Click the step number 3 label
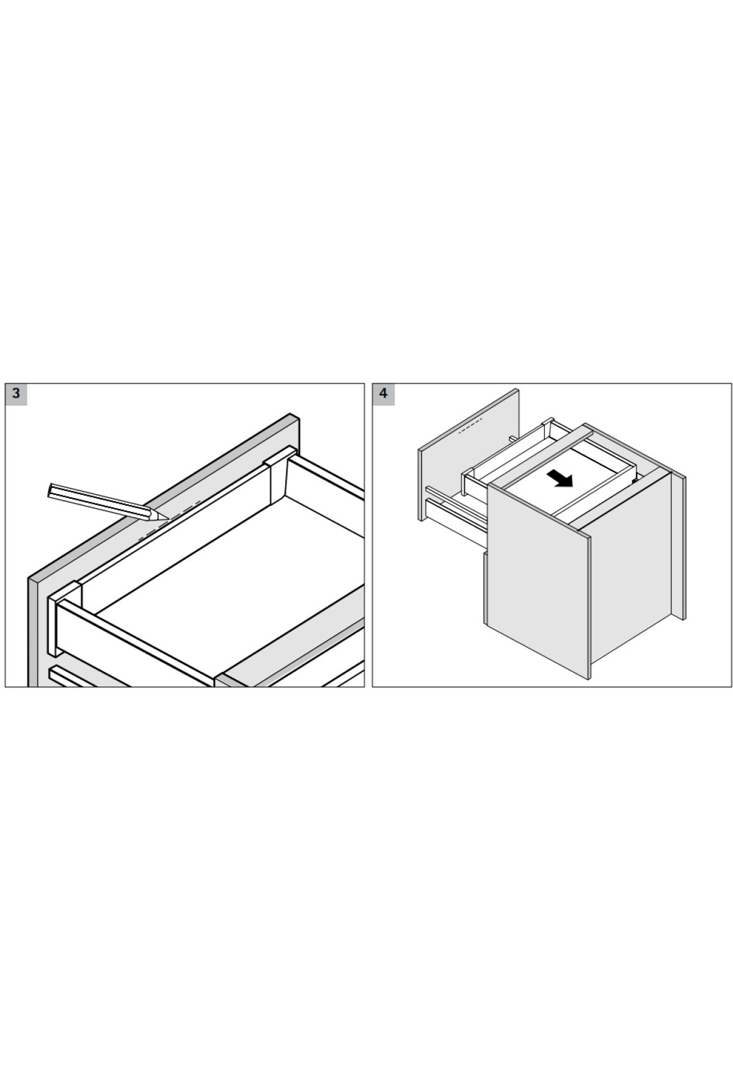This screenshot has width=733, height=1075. pos(16,393)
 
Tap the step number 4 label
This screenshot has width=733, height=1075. pos(384,393)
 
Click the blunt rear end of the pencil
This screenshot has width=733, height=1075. pos(51,490)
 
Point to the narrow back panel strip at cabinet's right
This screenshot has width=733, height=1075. pos(679,547)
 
